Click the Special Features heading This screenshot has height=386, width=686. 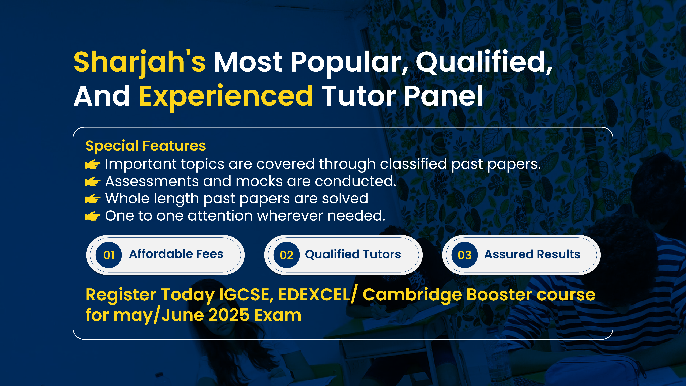point(146,146)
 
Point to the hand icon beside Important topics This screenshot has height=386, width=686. point(93,164)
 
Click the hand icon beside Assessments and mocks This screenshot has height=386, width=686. point(93,182)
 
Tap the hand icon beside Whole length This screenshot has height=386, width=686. point(93,199)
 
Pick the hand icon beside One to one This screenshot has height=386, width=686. point(93,216)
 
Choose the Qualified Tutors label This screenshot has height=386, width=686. point(353,254)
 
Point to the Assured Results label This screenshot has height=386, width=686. point(532,254)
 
